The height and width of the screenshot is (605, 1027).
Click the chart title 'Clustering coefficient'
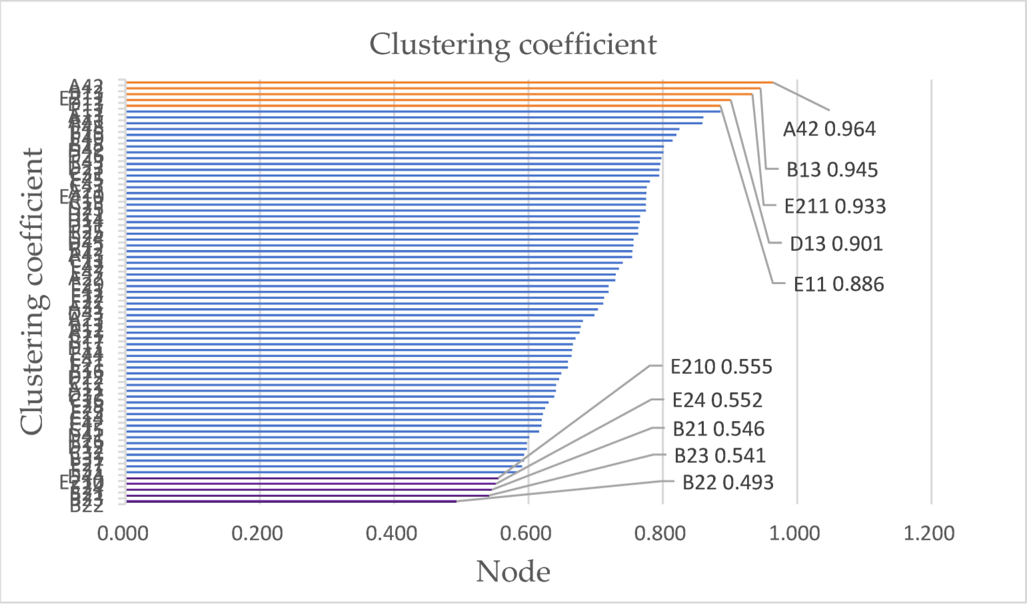pyautogui.click(x=513, y=45)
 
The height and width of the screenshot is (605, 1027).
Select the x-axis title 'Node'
pyautogui.click(x=513, y=572)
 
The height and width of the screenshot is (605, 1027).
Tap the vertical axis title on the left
pyautogui.click(x=32, y=291)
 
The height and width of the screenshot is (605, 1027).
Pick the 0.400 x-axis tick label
pyautogui.click(x=394, y=534)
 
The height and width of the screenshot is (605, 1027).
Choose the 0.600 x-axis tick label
pyautogui.click(x=528, y=534)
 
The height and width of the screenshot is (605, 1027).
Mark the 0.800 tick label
pyautogui.click(x=662, y=534)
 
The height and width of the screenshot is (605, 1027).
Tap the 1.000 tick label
pyautogui.click(x=796, y=534)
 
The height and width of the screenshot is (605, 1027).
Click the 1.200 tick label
pyautogui.click(x=931, y=534)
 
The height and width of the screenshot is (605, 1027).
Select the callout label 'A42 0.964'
pyautogui.click(x=829, y=129)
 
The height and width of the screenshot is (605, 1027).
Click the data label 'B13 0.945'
pyautogui.click(x=832, y=169)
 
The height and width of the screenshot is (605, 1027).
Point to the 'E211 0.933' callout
pyautogui.click(x=835, y=206)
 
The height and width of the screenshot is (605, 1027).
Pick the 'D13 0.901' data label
pyautogui.click(x=836, y=243)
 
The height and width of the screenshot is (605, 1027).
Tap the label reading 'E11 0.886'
pyautogui.click(x=838, y=285)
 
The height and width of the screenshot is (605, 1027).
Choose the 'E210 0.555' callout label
pyautogui.click(x=721, y=367)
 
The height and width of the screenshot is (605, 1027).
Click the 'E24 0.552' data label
pyautogui.click(x=717, y=400)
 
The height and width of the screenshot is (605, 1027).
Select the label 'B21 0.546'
pyautogui.click(x=718, y=428)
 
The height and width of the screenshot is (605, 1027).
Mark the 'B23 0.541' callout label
pyautogui.click(x=720, y=456)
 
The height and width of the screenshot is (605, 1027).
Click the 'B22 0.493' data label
pyautogui.click(x=728, y=482)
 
